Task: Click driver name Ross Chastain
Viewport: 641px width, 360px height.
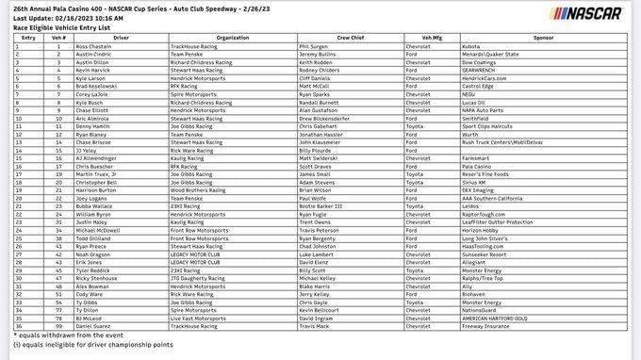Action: tap(94, 45)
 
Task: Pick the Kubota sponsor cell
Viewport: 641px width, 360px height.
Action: tap(471, 45)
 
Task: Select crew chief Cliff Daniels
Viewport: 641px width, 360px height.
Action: tap(318, 78)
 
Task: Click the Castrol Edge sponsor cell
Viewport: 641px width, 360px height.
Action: tap(481, 86)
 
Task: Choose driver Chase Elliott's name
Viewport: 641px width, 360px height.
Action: tap(93, 111)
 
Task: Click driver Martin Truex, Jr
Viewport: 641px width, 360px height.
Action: tap(98, 174)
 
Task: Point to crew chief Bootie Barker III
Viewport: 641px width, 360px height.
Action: tap(320, 206)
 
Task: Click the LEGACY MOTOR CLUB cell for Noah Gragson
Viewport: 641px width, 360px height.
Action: tap(200, 254)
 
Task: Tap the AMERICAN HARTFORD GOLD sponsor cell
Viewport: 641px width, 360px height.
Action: tap(499, 318)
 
